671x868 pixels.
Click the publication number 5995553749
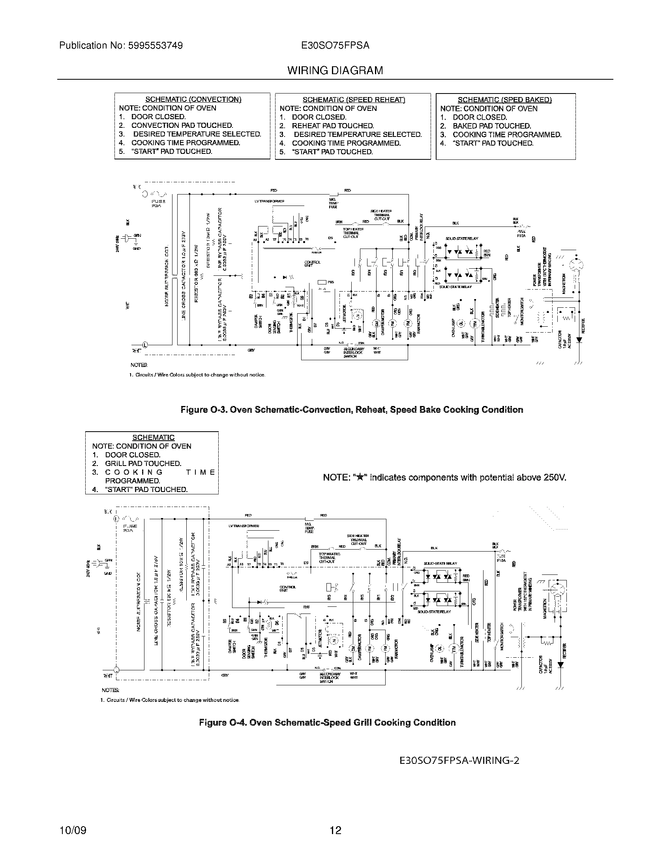(155, 46)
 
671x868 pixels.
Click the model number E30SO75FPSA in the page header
(335, 46)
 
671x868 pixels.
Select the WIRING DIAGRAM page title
(335, 71)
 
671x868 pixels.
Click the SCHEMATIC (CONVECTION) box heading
(193, 99)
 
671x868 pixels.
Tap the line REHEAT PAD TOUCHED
(333, 125)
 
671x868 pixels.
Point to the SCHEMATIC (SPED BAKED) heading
(504, 100)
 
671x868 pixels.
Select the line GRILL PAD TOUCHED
(143, 464)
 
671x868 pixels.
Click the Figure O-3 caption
(352, 410)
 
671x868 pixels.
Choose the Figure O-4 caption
(327, 722)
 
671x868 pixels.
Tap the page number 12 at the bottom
(335, 830)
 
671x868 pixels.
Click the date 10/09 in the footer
(73, 830)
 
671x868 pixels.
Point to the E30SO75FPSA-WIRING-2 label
(459, 760)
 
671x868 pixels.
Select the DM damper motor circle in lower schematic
(352, 648)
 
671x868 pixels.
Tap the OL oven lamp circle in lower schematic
(440, 648)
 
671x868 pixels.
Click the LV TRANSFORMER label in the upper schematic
(269, 201)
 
